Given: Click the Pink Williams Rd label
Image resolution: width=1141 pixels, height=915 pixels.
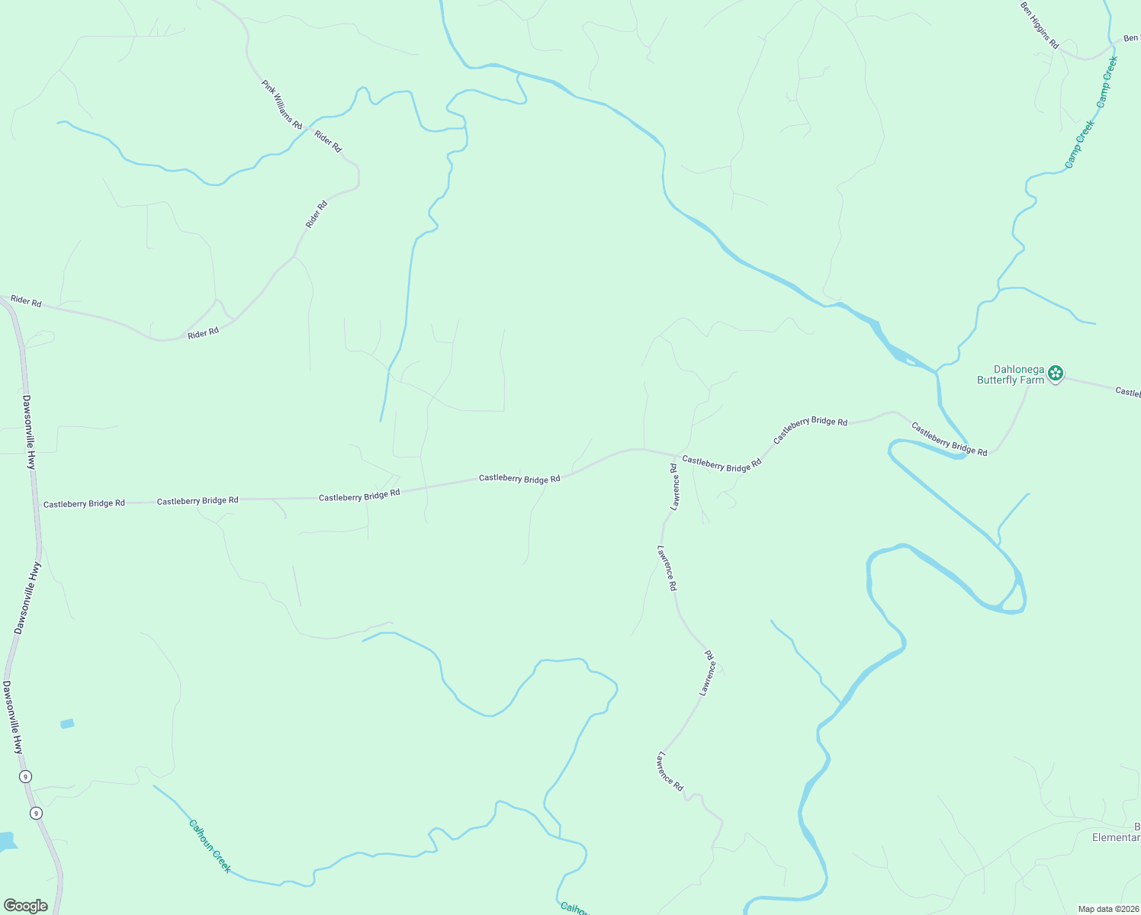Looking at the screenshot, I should [x=282, y=104].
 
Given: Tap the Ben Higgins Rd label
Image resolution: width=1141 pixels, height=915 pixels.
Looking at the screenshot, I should [x=1040, y=26].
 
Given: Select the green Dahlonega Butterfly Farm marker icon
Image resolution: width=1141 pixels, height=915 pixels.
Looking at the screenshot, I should [x=1056, y=373].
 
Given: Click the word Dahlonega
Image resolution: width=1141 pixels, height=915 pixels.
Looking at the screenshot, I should [x=1019, y=370].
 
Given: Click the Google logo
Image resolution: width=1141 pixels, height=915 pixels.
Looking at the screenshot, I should [x=26, y=906].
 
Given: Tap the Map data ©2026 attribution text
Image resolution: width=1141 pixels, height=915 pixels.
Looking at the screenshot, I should [x=1107, y=909].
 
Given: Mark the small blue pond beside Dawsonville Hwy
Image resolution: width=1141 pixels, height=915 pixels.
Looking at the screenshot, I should [x=67, y=724].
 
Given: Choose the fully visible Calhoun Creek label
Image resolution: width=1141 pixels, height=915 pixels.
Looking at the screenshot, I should [x=210, y=846].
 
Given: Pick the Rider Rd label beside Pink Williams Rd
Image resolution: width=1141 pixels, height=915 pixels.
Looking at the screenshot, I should [x=328, y=142].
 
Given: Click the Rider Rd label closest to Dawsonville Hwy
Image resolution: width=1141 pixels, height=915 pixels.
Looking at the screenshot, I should [x=26, y=301].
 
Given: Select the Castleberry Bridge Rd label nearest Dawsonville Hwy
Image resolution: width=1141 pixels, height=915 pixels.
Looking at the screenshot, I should [x=84, y=504].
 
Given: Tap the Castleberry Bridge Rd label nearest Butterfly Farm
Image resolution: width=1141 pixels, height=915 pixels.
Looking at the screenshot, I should [x=949, y=440].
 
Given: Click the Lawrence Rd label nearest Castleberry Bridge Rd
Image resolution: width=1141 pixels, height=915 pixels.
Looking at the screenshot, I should [x=674, y=486].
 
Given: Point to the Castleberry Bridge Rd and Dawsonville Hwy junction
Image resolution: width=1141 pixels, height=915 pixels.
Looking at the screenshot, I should [x=38, y=504].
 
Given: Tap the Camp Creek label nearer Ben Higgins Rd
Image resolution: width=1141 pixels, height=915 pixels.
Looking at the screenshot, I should [x=1107, y=81].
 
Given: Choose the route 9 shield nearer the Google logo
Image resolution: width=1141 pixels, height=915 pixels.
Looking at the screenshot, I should [x=36, y=813].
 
